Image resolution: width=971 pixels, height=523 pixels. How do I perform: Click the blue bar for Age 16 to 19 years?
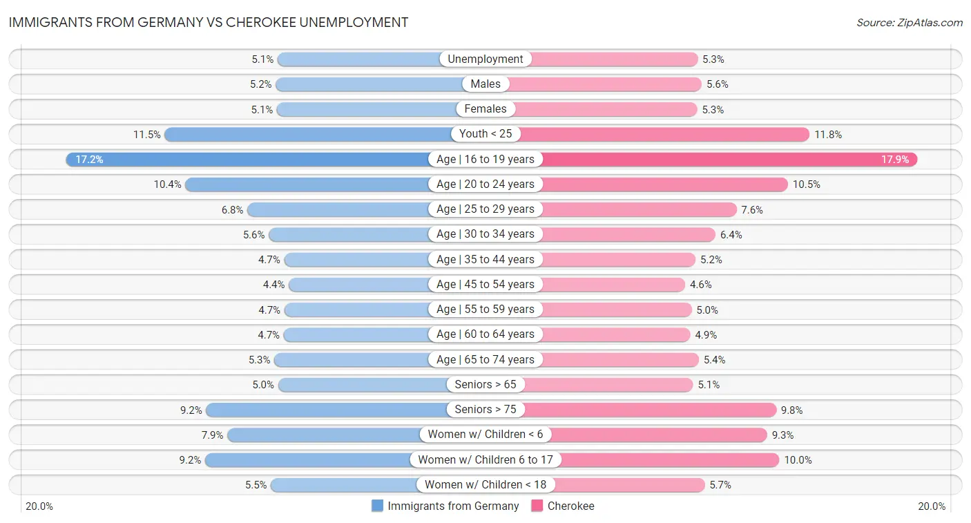249,160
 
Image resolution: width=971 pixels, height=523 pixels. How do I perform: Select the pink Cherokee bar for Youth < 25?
663,134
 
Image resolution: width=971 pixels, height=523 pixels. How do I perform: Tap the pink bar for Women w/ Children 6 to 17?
670,459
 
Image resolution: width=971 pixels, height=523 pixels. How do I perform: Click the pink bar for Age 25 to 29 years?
639,209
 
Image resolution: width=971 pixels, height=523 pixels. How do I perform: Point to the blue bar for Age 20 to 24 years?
307,184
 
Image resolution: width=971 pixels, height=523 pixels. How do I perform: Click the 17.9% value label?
896,160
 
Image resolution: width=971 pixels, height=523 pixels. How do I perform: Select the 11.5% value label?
147,135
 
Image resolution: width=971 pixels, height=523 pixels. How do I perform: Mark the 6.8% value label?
233,209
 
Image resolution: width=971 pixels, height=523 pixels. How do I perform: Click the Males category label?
485,84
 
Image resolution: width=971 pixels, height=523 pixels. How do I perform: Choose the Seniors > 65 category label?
485,385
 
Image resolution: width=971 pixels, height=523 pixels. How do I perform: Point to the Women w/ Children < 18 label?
485,485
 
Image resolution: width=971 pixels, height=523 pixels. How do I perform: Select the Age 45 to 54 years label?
485,285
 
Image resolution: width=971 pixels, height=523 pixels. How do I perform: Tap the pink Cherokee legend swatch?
537,506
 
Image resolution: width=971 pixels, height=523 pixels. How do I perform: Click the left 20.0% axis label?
39,506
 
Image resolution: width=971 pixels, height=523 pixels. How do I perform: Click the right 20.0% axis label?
931,506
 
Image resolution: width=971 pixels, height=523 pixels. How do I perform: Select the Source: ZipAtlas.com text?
910,23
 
